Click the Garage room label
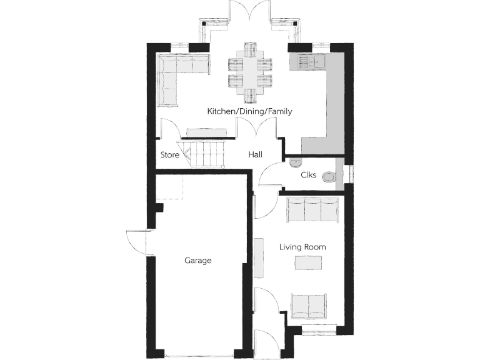point(197,261)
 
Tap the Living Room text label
point(302,247)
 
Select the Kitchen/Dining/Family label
point(250,111)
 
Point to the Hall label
point(256,154)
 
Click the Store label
point(170,154)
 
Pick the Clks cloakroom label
point(308,175)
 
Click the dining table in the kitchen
point(250,72)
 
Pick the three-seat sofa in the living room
point(312,209)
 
